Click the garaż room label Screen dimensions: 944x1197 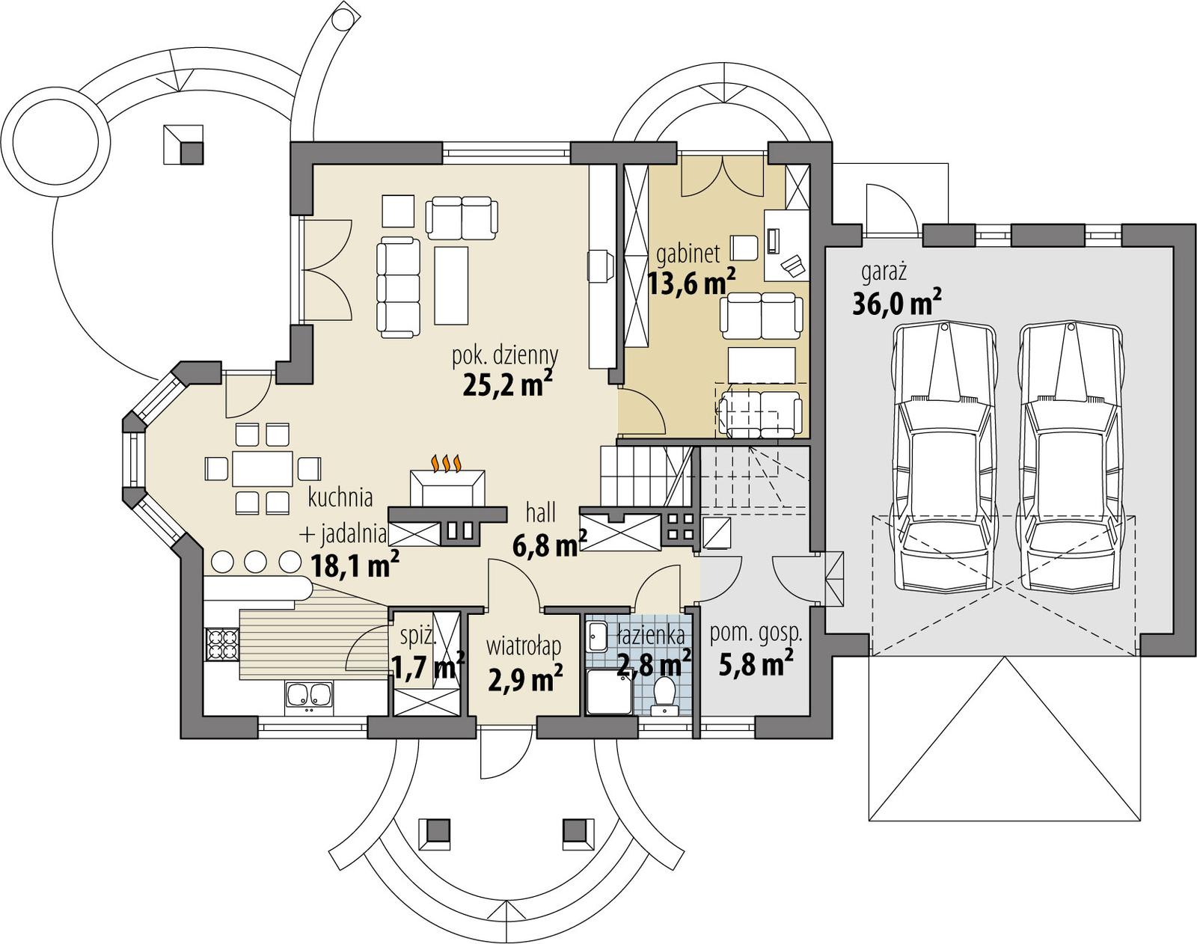pyautogui.click(x=884, y=271)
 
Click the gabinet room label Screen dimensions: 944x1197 pyautogui.click(x=688, y=254)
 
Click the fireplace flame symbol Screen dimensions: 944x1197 pyautogui.click(x=447, y=464)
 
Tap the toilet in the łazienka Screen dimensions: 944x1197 pyautogui.click(x=663, y=693)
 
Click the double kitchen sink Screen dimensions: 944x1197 pyautogui.click(x=307, y=696)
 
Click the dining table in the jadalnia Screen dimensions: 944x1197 pyautogui.click(x=262, y=469)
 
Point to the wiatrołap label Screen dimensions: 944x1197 pyautogui.click(x=523, y=644)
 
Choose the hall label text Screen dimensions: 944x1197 pyautogui.click(x=540, y=512)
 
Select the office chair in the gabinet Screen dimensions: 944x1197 pyautogui.click(x=744, y=247)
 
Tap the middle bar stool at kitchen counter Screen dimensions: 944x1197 pyautogui.click(x=256, y=560)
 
